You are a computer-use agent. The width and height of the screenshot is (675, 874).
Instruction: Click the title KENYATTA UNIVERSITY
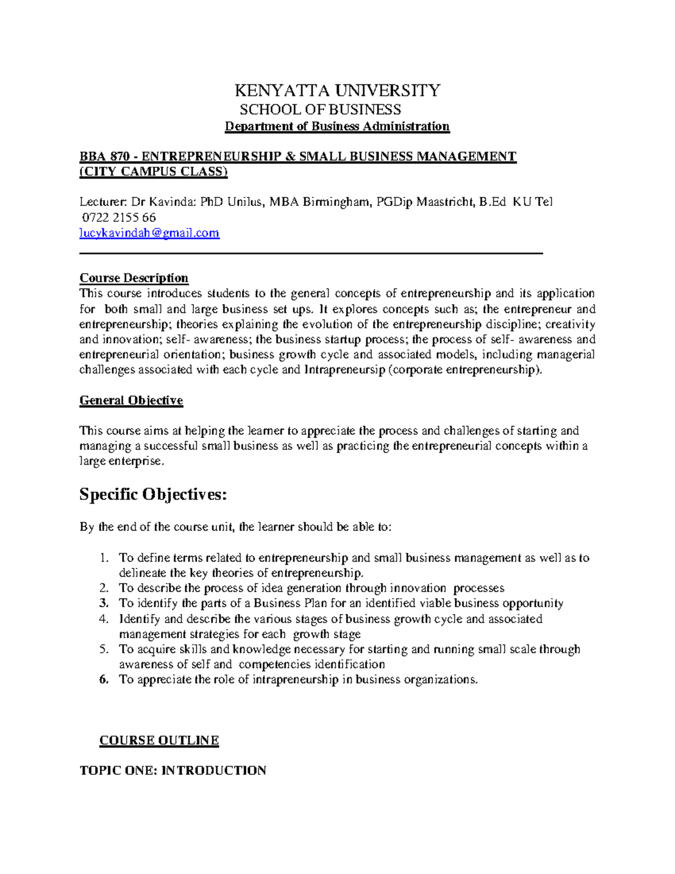[x=337, y=91]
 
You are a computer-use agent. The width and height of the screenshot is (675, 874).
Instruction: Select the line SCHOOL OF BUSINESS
[x=320, y=109]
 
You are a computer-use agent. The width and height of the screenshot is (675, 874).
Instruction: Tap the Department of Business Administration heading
[x=337, y=126]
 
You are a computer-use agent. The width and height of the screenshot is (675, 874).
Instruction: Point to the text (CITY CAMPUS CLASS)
[x=154, y=172]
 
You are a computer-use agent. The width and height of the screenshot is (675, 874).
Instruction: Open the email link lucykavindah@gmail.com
[x=149, y=233]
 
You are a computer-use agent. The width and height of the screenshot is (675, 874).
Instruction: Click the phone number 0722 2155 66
[x=119, y=218]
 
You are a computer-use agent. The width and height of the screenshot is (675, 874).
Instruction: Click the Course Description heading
[x=134, y=278]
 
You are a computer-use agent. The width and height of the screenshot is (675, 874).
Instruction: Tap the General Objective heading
[x=131, y=401]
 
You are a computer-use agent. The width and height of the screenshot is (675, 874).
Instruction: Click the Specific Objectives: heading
[x=153, y=495]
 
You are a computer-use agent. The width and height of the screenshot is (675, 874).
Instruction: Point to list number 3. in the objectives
[x=103, y=603]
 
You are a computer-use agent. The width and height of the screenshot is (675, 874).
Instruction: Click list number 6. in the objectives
[x=103, y=679]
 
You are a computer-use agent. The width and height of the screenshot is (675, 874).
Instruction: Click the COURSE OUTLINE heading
[x=159, y=741]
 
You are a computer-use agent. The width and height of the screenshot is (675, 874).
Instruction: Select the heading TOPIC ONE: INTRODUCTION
[x=173, y=770]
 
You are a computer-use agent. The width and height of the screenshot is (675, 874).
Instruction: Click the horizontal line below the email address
[x=311, y=254]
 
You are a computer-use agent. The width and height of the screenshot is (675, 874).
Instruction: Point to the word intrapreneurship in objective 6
[x=295, y=679]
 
